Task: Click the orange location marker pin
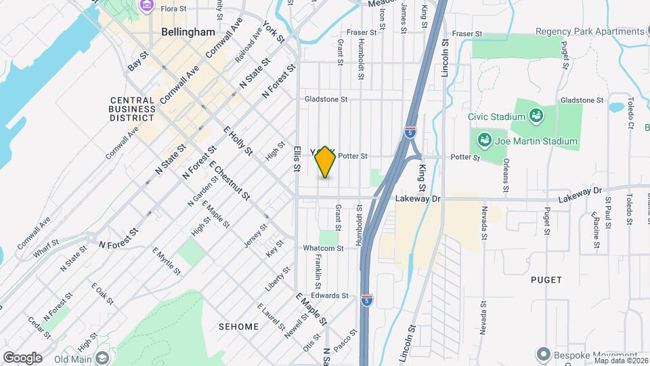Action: pos(325,162)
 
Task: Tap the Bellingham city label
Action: pos(188,32)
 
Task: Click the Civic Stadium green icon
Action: pos(536,116)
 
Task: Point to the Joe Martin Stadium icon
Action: pos(485,142)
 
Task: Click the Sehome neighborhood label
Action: pos(238,327)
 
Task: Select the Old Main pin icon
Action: pos(102,358)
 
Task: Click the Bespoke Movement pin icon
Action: pos(542,354)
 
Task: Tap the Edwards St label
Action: pos(329,296)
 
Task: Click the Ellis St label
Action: pos(297,159)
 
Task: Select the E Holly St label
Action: pos(237,140)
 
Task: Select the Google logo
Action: pos(22,357)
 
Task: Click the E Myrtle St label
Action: pos(167,261)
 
